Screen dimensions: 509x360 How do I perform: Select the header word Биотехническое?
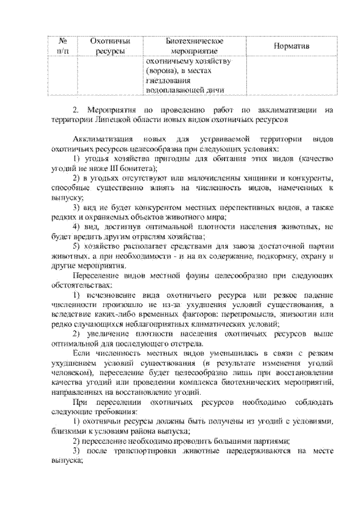195,41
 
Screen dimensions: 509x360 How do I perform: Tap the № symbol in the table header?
63,41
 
